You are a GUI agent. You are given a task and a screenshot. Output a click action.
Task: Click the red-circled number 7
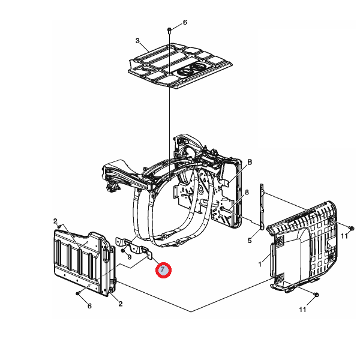[163, 270]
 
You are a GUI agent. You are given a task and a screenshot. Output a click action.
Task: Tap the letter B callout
[250, 163]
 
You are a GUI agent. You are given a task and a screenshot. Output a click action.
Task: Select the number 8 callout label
[247, 192]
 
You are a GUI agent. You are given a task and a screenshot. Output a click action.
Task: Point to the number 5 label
[250, 241]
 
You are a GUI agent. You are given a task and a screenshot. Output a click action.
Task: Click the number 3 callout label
[137, 41]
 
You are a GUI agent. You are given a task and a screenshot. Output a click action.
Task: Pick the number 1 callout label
[260, 264]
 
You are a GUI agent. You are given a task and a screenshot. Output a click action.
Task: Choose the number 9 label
[129, 257]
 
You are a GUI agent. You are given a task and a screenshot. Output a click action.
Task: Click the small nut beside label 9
[123, 250]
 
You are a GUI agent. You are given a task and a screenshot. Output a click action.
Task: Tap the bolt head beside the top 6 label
[169, 30]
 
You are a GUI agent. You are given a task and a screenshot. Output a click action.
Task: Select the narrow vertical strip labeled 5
[262, 206]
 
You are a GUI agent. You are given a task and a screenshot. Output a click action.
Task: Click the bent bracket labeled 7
[134, 247]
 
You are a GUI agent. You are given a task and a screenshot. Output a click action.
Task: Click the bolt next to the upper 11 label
[351, 228]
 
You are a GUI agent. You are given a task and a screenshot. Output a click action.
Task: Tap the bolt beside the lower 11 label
[316, 295]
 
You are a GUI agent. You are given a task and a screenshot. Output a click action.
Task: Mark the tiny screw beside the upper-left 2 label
[59, 226]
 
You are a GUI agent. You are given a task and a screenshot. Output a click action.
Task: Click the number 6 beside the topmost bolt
[185, 22]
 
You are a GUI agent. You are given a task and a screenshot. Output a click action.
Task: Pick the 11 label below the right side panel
[302, 310]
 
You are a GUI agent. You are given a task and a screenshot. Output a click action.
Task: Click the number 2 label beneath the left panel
[121, 304]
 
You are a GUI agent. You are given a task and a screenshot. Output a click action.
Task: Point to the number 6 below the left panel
[89, 306]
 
